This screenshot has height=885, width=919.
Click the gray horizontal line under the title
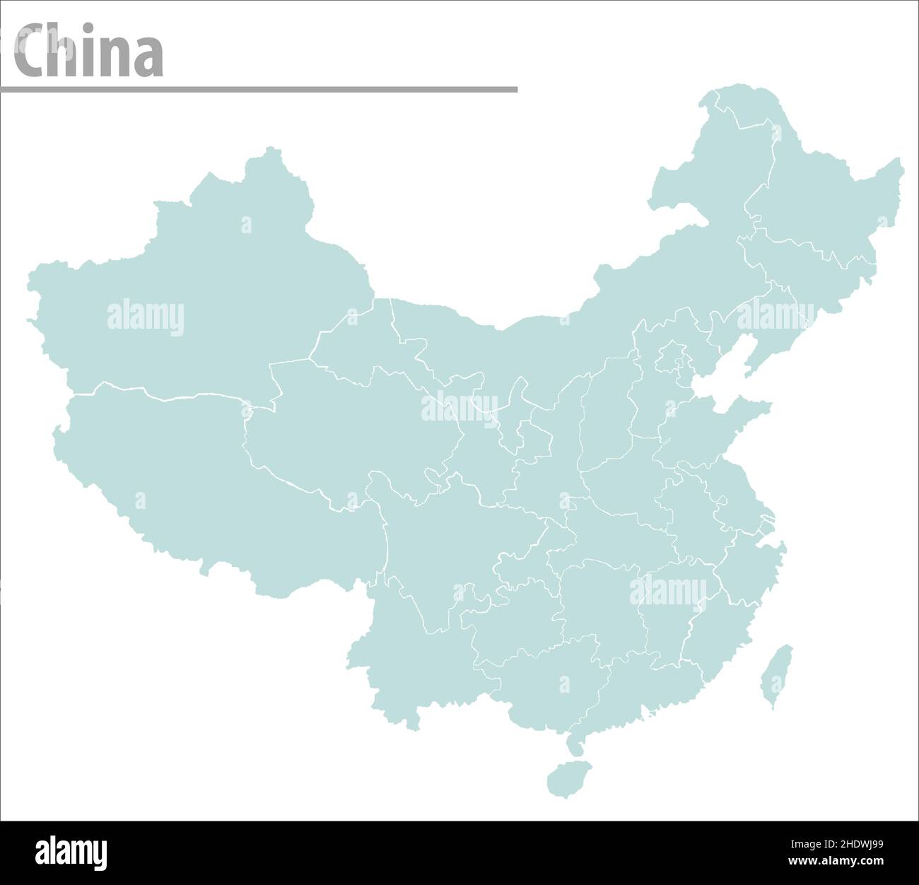259,90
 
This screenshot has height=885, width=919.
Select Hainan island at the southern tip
569,779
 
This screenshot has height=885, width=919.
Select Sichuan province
452,537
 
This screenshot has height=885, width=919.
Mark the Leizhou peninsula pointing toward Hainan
575,742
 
